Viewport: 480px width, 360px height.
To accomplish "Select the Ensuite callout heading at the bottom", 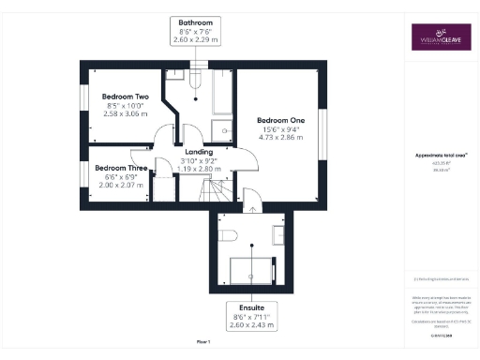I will click(x=250, y=307).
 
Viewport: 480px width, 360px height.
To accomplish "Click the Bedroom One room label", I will click(x=280, y=120).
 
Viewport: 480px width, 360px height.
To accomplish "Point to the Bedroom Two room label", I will click(x=125, y=97).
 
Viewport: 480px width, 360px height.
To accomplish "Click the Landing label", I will click(x=198, y=152).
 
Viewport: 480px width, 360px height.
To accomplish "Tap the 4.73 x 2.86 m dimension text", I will click(x=281, y=138).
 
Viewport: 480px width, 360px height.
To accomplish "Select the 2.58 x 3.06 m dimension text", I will click(x=125, y=113).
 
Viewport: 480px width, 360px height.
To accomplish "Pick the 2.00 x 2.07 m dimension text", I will click(x=124, y=186).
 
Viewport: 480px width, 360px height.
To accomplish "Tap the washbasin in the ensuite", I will click(x=279, y=232).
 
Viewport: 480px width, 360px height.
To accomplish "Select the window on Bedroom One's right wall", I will click(x=324, y=131).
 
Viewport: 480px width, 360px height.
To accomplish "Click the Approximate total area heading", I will click(x=440, y=157).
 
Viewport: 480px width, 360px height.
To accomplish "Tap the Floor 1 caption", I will click(x=202, y=342).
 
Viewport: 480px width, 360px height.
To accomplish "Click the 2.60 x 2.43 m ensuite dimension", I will click(x=250, y=324).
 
